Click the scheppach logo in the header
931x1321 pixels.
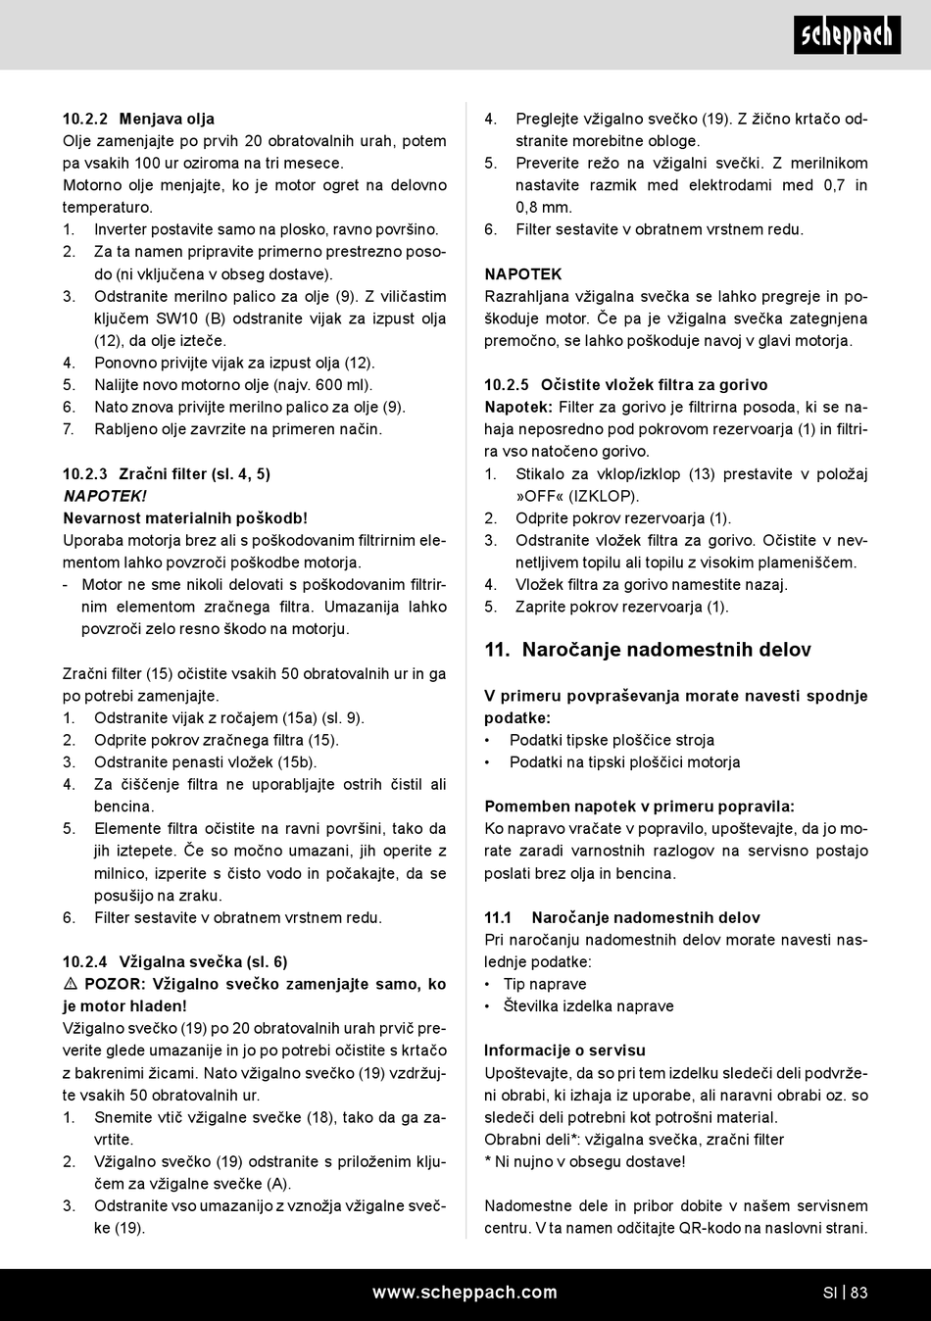pos(847,35)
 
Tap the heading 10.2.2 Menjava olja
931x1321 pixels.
pos(138,119)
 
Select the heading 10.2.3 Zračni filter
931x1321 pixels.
pos(167,474)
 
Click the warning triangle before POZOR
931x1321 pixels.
pos(72,984)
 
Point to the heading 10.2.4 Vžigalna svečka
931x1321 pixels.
pos(175,962)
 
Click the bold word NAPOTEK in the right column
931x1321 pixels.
pos(523,274)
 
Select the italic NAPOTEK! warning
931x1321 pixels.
pos(105,496)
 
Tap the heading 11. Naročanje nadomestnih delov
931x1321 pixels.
pos(648,650)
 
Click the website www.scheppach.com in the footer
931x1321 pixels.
pos(465,1293)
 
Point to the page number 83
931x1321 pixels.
pos(859,1293)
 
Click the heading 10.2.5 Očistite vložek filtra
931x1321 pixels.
pos(626,385)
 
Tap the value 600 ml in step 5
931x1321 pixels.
pos(349,385)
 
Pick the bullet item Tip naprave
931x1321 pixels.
pos(545,984)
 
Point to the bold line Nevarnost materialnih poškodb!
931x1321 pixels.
pos(185,518)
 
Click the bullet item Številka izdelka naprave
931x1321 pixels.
pos(588,1006)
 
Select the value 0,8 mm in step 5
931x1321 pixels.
pos(544,208)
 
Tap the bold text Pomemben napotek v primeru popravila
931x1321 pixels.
pos(639,807)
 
